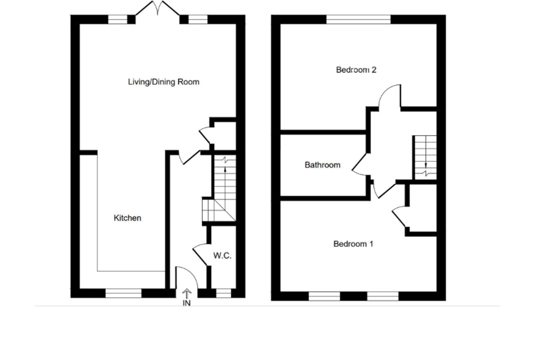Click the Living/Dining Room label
click(163, 82)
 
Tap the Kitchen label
click(128, 218)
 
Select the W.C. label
click(222, 256)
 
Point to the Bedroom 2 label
click(356, 70)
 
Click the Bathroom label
click(323, 165)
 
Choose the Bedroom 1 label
click(353, 244)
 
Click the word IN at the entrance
click(187, 303)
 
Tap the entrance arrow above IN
click(187, 294)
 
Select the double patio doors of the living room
click(158, 8)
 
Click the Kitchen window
click(124, 293)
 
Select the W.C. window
click(224, 293)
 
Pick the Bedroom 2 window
click(359, 20)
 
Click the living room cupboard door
click(205, 136)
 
